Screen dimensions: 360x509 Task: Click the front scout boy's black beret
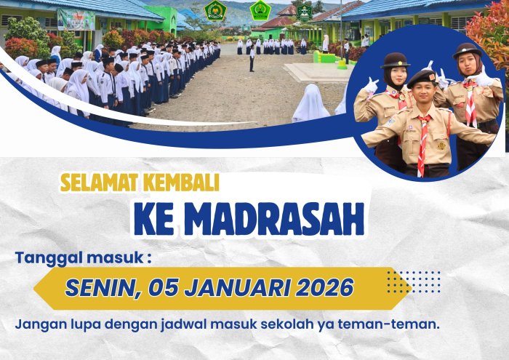421,77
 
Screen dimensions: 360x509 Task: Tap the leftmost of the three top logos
215,10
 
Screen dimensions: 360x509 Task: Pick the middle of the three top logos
260,10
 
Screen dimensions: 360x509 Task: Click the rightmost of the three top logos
304,10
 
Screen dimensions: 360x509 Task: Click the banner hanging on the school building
76,19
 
